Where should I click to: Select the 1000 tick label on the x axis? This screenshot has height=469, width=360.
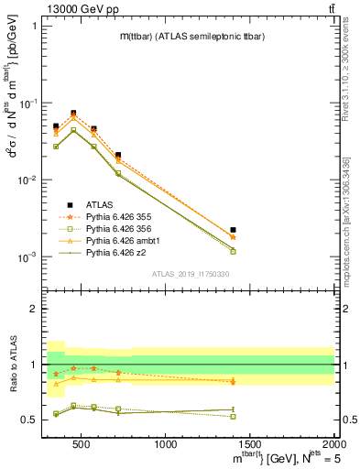(x=166, y=446)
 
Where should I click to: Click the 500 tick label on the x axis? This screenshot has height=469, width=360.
(x=82, y=446)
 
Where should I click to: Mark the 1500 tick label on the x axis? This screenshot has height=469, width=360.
(x=250, y=446)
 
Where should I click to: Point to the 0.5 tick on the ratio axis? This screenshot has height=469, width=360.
(x=29, y=420)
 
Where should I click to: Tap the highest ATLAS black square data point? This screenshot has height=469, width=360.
(x=73, y=113)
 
